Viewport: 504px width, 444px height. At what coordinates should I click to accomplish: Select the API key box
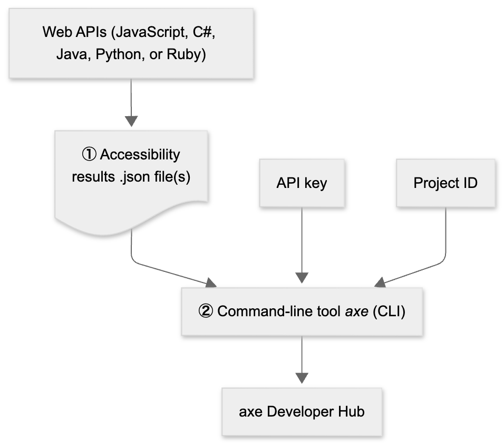(302, 182)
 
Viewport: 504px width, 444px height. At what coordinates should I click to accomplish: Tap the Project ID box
(445, 182)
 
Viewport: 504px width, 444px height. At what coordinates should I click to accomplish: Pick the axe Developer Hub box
(302, 412)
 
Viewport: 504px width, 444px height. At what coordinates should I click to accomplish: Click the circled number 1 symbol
(89, 155)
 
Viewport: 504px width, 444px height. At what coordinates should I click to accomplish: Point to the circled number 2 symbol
(206, 311)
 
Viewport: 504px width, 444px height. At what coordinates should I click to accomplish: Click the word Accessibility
(140, 155)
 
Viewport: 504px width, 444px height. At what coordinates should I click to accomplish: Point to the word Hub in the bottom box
(351, 412)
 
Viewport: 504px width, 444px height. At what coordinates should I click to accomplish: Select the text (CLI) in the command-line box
(389, 311)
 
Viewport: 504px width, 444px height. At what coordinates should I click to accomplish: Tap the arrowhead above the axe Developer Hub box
(302, 378)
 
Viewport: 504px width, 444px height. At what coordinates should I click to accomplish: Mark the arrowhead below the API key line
(302, 278)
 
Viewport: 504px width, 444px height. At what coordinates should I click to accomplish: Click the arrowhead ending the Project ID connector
(380, 282)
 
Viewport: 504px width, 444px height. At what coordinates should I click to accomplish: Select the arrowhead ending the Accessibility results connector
(211, 283)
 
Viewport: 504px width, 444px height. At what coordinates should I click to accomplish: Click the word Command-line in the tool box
(255, 311)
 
